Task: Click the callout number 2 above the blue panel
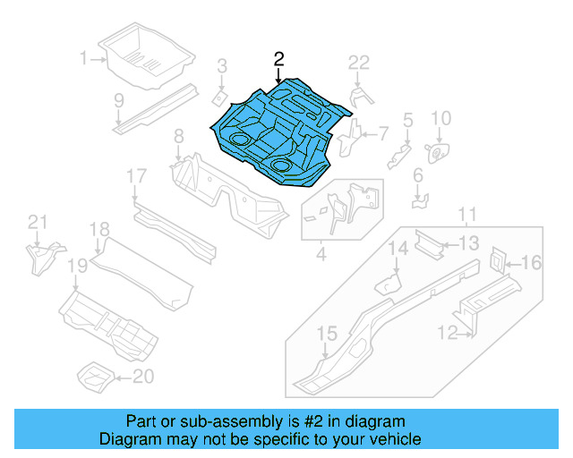[278, 60]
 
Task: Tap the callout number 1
[83, 59]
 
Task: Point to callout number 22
[358, 62]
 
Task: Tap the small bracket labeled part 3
[218, 95]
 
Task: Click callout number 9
[118, 100]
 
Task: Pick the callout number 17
[135, 176]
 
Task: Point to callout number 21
[36, 223]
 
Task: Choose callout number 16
[532, 262]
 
